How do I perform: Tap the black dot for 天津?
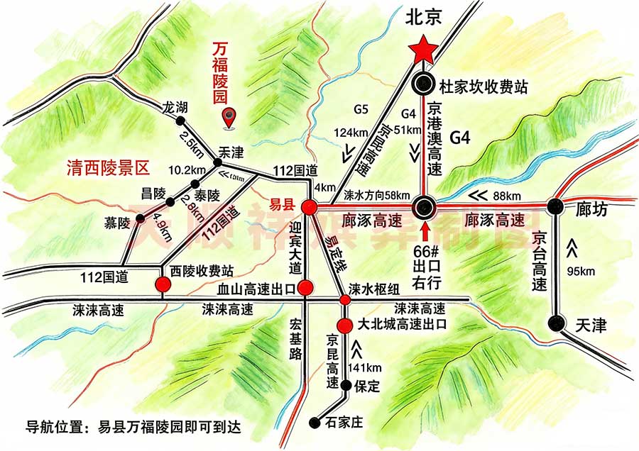[x=557, y=323]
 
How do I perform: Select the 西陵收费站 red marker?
[x=164, y=285]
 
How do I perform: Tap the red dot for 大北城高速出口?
[x=344, y=325]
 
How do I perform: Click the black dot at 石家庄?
[x=315, y=423]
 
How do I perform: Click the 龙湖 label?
[x=175, y=108]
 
